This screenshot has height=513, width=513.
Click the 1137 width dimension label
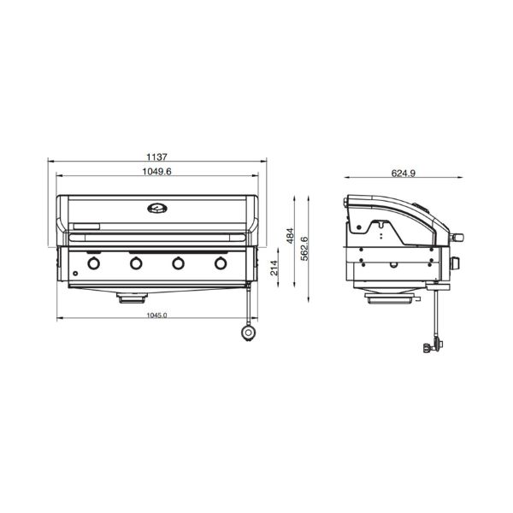coord(156,157)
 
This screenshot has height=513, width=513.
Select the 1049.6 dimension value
coord(156,172)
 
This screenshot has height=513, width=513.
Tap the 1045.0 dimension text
coord(156,315)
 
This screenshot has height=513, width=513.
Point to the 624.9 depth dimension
coord(404,173)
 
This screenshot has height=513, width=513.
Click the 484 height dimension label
coord(290,236)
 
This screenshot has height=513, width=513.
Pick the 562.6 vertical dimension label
coord(304,248)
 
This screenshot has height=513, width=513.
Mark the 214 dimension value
coord(274,268)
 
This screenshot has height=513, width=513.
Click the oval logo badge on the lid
coord(157,208)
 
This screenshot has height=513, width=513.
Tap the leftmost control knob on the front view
coord(93,263)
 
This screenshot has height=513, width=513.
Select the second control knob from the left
coord(136,263)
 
